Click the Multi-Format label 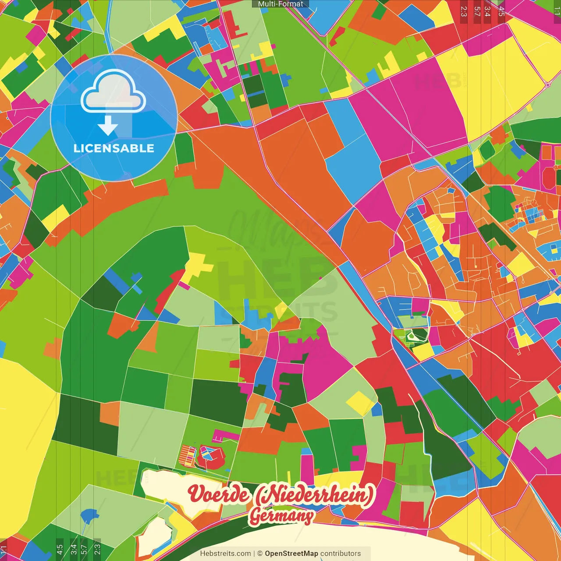(280, 4)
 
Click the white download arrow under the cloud (108, 126)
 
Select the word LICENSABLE (114, 148)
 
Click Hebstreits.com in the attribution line (225, 554)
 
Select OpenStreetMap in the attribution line (291, 554)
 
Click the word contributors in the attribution (341, 554)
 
